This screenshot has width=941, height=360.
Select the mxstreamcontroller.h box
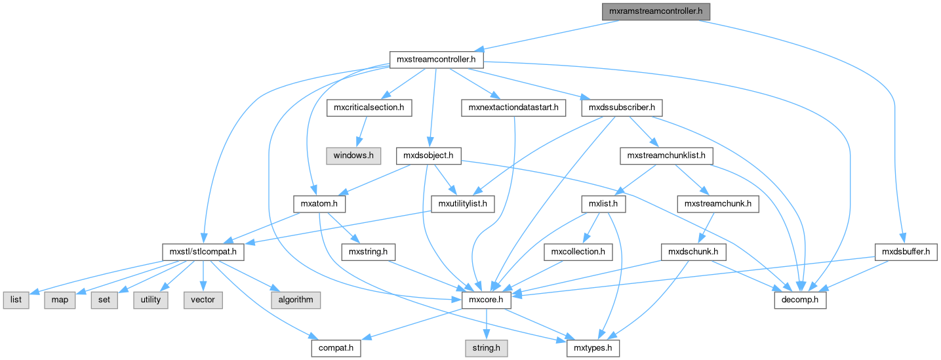(x=436, y=60)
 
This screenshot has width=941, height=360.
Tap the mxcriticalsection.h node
(x=369, y=107)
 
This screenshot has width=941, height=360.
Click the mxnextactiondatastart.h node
(x=513, y=107)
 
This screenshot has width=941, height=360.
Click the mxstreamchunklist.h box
(x=666, y=155)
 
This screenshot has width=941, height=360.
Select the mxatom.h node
(x=319, y=204)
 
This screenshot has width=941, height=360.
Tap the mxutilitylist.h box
(x=463, y=204)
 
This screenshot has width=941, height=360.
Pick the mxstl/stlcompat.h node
(x=203, y=251)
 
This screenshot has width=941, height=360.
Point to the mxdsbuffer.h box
(x=906, y=251)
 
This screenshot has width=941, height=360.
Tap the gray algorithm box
(x=296, y=300)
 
